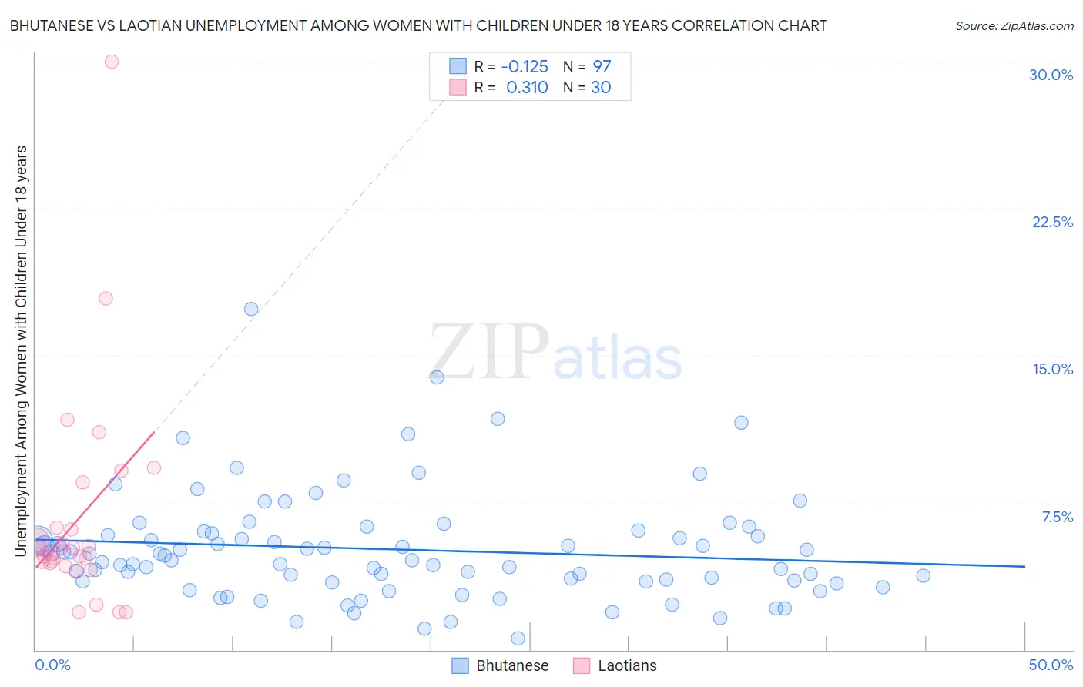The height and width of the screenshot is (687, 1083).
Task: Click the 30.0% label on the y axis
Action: [1051, 75]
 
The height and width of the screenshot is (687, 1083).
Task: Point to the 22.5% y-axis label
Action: [1052, 222]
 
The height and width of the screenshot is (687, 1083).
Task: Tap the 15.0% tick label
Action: [1052, 369]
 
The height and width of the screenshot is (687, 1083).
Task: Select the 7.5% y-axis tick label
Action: [1057, 517]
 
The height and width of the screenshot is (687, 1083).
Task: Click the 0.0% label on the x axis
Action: [52, 665]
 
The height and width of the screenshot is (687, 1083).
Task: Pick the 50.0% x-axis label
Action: [1051, 665]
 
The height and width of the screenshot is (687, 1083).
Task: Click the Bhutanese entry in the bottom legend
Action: [512, 665]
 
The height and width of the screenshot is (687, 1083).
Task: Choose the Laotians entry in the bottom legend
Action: [627, 665]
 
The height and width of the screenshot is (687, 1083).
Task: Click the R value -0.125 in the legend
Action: [525, 66]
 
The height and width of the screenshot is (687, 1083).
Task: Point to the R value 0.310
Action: [527, 87]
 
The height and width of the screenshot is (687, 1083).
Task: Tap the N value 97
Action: [602, 66]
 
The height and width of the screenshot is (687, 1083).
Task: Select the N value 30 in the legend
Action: [601, 87]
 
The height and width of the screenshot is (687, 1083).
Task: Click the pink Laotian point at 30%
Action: [112, 62]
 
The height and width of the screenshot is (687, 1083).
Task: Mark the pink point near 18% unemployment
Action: [106, 298]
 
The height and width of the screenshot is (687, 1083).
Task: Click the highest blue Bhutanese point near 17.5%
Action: [251, 309]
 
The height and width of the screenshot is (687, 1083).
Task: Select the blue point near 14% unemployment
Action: [437, 377]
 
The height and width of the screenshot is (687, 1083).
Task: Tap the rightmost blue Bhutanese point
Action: [923, 575]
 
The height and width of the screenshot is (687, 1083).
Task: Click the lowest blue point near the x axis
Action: [518, 638]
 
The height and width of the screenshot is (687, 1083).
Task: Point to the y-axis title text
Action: [21, 350]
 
